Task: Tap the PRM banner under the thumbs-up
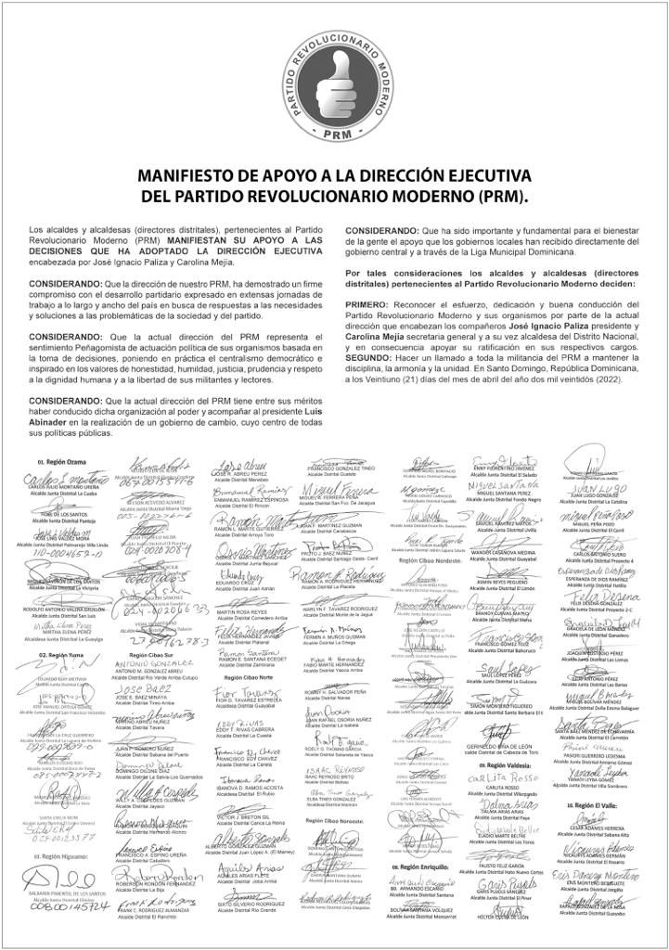tap(336, 132)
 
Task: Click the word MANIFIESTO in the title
tap(189, 176)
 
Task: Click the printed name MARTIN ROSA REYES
tap(244, 613)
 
